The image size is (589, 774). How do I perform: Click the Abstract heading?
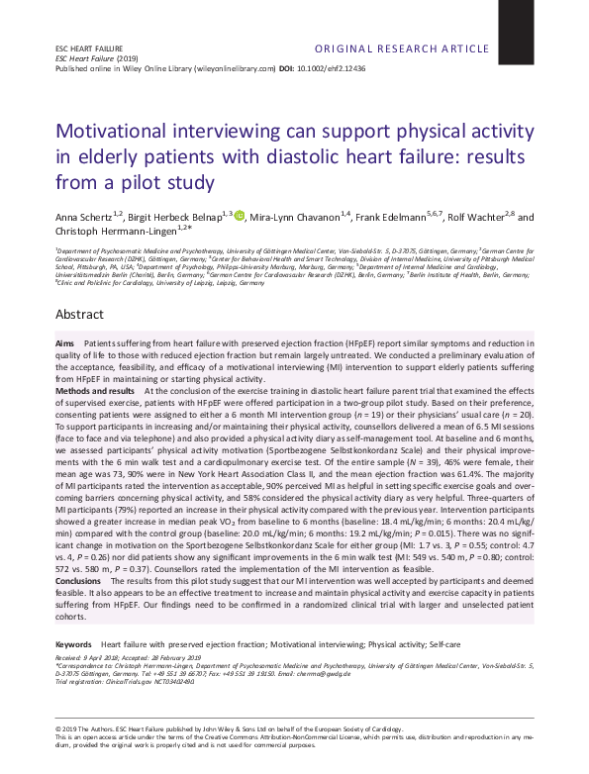coord(79,314)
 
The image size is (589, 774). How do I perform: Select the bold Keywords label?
coord(74,616)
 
